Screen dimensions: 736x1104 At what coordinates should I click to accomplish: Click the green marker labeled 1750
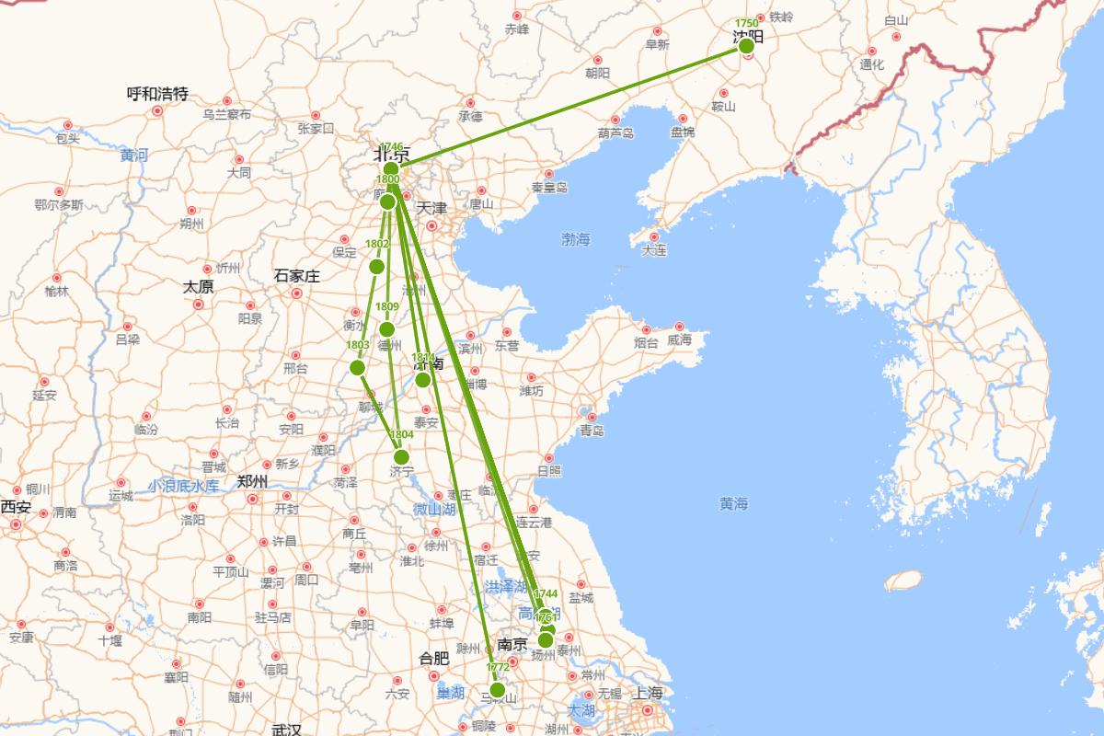click(746, 45)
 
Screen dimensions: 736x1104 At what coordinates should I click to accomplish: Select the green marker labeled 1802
click(376, 267)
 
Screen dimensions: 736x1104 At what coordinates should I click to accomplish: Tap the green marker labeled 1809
click(387, 329)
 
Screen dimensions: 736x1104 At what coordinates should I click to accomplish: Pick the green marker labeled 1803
click(358, 368)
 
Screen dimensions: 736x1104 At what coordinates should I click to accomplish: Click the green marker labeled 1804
click(401, 456)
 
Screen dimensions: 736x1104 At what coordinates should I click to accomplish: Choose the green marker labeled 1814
click(423, 380)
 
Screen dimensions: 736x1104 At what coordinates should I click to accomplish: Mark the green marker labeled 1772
click(498, 690)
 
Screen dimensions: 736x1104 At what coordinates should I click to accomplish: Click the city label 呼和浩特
click(157, 94)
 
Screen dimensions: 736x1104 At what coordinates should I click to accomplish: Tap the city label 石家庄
click(296, 276)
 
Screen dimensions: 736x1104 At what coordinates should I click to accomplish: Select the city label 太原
click(198, 287)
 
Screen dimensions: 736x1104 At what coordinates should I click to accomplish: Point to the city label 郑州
click(252, 481)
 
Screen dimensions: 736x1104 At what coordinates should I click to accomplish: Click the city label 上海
click(648, 694)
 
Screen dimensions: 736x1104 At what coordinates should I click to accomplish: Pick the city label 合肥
click(434, 659)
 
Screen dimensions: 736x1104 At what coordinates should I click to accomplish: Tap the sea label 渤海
click(576, 240)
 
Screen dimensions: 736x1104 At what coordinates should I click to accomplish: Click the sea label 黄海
click(734, 504)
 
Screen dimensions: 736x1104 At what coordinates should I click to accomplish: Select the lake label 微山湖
click(433, 509)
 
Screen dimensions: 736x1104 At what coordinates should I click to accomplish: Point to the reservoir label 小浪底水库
click(184, 486)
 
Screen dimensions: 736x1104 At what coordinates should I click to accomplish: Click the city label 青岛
click(592, 431)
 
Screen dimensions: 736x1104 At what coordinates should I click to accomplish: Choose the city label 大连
click(654, 250)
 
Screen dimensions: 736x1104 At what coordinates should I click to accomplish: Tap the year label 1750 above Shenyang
click(746, 23)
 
